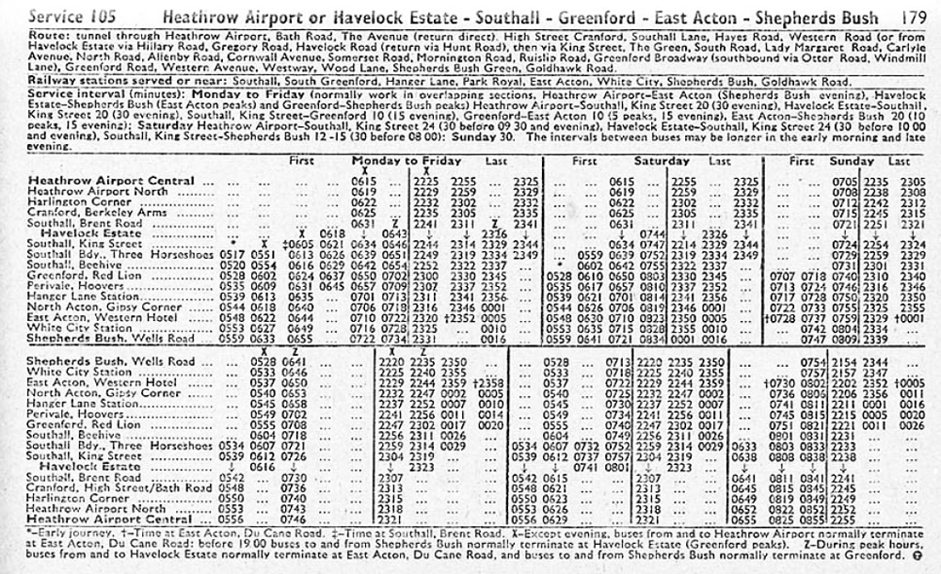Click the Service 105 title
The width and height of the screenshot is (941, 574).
click(71, 17)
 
